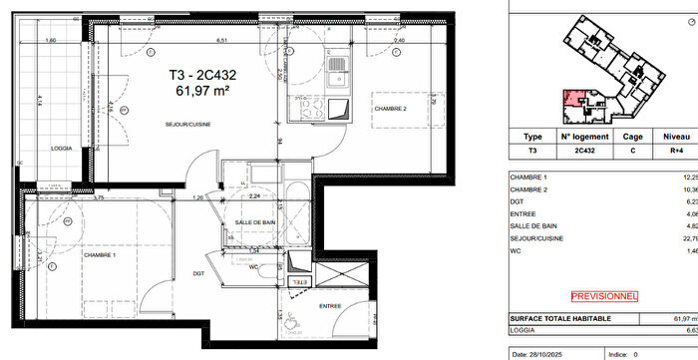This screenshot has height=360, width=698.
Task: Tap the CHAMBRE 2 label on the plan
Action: pyautogui.click(x=392, y=108)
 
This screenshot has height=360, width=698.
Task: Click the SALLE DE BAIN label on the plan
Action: pyautogui.click(x=255, y=222)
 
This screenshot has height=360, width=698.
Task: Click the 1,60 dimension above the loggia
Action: pyautogui.click(x=49, y=41)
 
